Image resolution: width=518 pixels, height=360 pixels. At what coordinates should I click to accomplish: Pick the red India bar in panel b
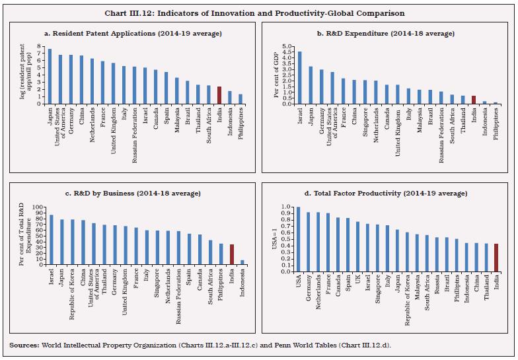[x=473, y=100]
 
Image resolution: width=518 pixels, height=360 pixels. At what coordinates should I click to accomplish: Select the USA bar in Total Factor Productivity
[x=298, y=239]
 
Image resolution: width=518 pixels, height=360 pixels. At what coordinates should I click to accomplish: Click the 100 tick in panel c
[x=36, y=207]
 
